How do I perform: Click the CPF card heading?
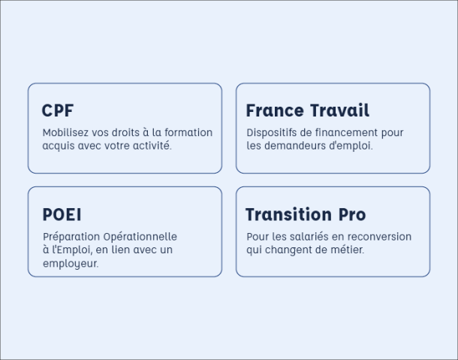(x=58, y=110)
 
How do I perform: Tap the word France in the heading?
(x=275, y=110)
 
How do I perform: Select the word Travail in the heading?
(x=339, y=110)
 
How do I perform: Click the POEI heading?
(x=62, y=214)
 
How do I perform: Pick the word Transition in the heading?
(x=288, y=214)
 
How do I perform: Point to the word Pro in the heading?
(x=352, y=214)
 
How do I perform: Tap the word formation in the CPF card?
(x=188, y=132)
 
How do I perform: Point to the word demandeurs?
(x=295, y=145)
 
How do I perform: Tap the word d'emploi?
(x=351, y=145)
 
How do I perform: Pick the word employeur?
(x=71, y=263)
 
